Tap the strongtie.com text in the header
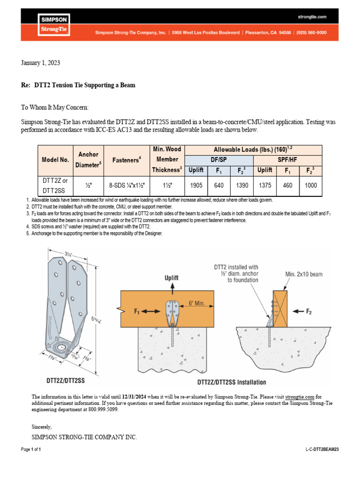(x=312, y=17)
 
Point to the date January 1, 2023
(x=41, y=63)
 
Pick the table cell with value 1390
(x=242, y=186)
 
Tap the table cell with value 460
(x=288, y=186)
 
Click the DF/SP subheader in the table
(x=219, y=159)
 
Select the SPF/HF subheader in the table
(x=288, y=159)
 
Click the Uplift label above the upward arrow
(x=171, y=278)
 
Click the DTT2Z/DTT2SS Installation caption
(x=232, y=382)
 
